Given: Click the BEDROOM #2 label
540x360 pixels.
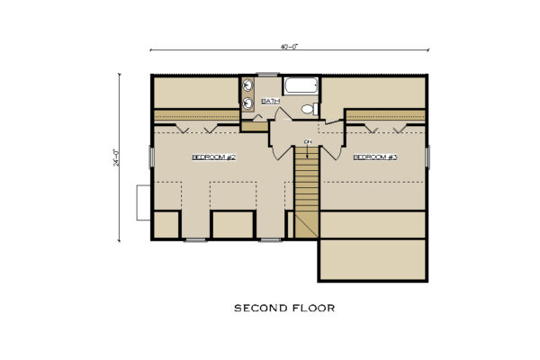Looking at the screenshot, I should click(x=213, y=157).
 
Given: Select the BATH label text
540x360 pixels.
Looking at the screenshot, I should click(x=270, y=102).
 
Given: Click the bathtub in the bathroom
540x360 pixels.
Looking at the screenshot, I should click(x=301, y=87).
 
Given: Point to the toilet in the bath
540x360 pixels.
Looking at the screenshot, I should click(x=308, y=109).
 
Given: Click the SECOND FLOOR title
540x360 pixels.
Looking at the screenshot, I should click(x=283, y=308).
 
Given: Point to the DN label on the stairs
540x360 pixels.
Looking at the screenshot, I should click(x=308, y=141).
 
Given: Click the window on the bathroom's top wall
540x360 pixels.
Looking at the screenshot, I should click(x=268, y=75).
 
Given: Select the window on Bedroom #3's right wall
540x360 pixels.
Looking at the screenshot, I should click(x=427, y=157).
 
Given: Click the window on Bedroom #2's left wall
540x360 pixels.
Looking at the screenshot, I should click(x=151, y=157).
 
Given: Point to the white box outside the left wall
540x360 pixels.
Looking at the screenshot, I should click(x=142, y=202).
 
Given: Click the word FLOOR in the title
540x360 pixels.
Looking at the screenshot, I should click(x=311, y=308).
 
